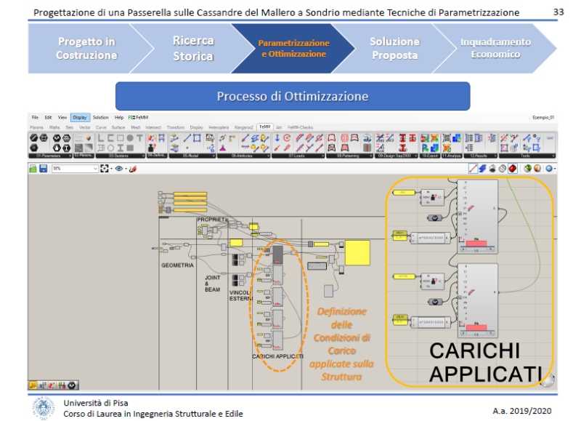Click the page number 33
click(x=558, y=12)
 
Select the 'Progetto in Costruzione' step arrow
click(x=86, y=49)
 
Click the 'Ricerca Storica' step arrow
click(x=193, y=49)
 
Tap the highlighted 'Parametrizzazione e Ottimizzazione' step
click(x=293, y=49)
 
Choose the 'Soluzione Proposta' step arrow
click(x=394, y=49)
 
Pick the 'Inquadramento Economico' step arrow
click(x=495, y=49)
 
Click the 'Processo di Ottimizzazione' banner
click(x=292, y=96)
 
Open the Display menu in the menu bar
click(x=80, y=117)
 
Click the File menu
click(x=35, y=117)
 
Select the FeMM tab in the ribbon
click(x=264, y=127)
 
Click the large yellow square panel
click(x=357, y=253)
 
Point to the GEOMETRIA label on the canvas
click(x=177, y=265)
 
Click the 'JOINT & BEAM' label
click(x=212, y=283)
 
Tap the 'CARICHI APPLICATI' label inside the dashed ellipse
click(x=277, y=356)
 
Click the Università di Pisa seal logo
click(x=44, y=407)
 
